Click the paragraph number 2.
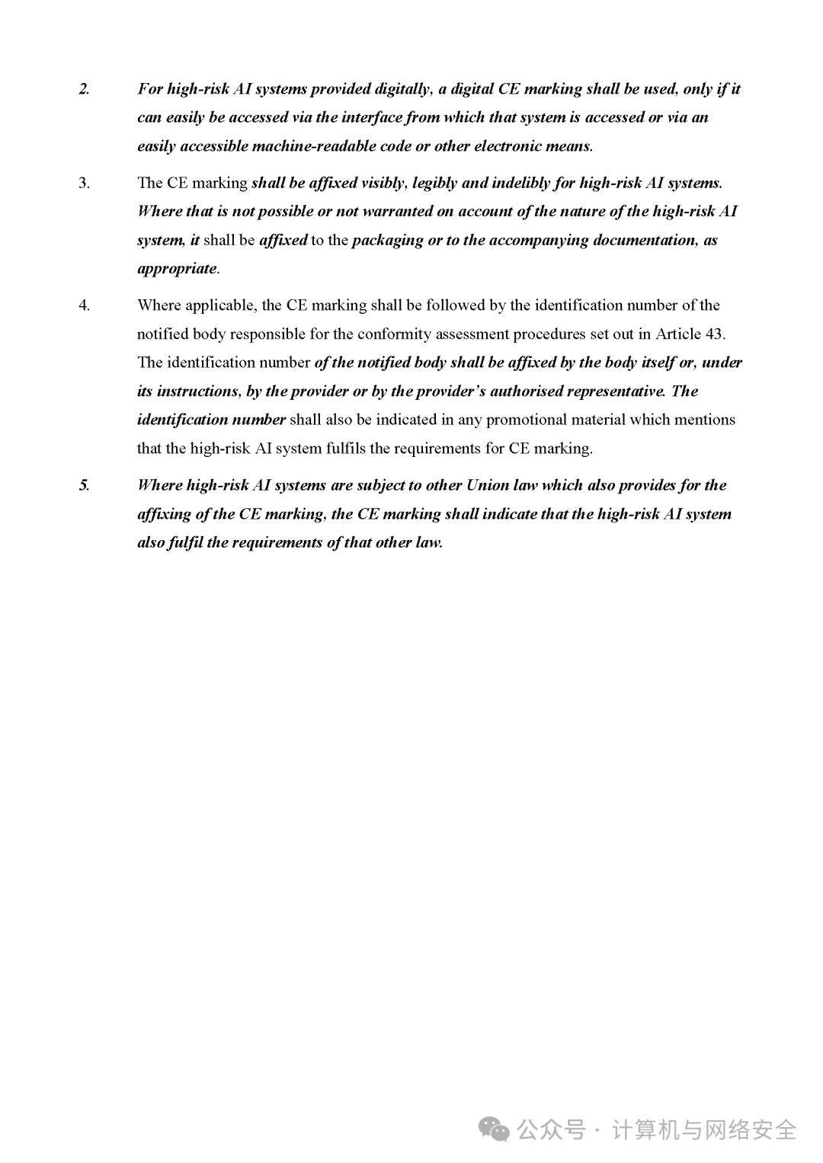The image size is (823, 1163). click(x=84, y=89)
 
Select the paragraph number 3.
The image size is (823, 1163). click(x=84, y=183)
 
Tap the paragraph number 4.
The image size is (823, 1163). click(x=84, y=305)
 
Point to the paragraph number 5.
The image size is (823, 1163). click(x=84, y=485)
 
